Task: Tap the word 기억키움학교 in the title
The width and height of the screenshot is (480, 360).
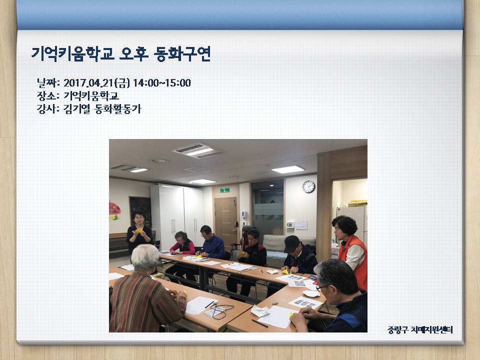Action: [73, 54]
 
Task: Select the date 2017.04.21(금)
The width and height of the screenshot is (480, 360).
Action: [96, 82]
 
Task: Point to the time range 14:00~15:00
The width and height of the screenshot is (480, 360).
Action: [162, 82]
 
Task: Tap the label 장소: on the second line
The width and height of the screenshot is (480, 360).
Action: [48, 96]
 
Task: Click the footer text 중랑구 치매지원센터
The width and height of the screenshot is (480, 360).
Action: [420, 329]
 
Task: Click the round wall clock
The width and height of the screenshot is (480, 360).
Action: [308, 186]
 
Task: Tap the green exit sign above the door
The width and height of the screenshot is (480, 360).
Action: [224, 190]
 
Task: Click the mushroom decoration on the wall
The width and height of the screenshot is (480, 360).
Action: [114, 211]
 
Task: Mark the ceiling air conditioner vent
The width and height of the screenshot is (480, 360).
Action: [197, 151]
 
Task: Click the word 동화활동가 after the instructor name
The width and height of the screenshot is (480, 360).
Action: [118, 108]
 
